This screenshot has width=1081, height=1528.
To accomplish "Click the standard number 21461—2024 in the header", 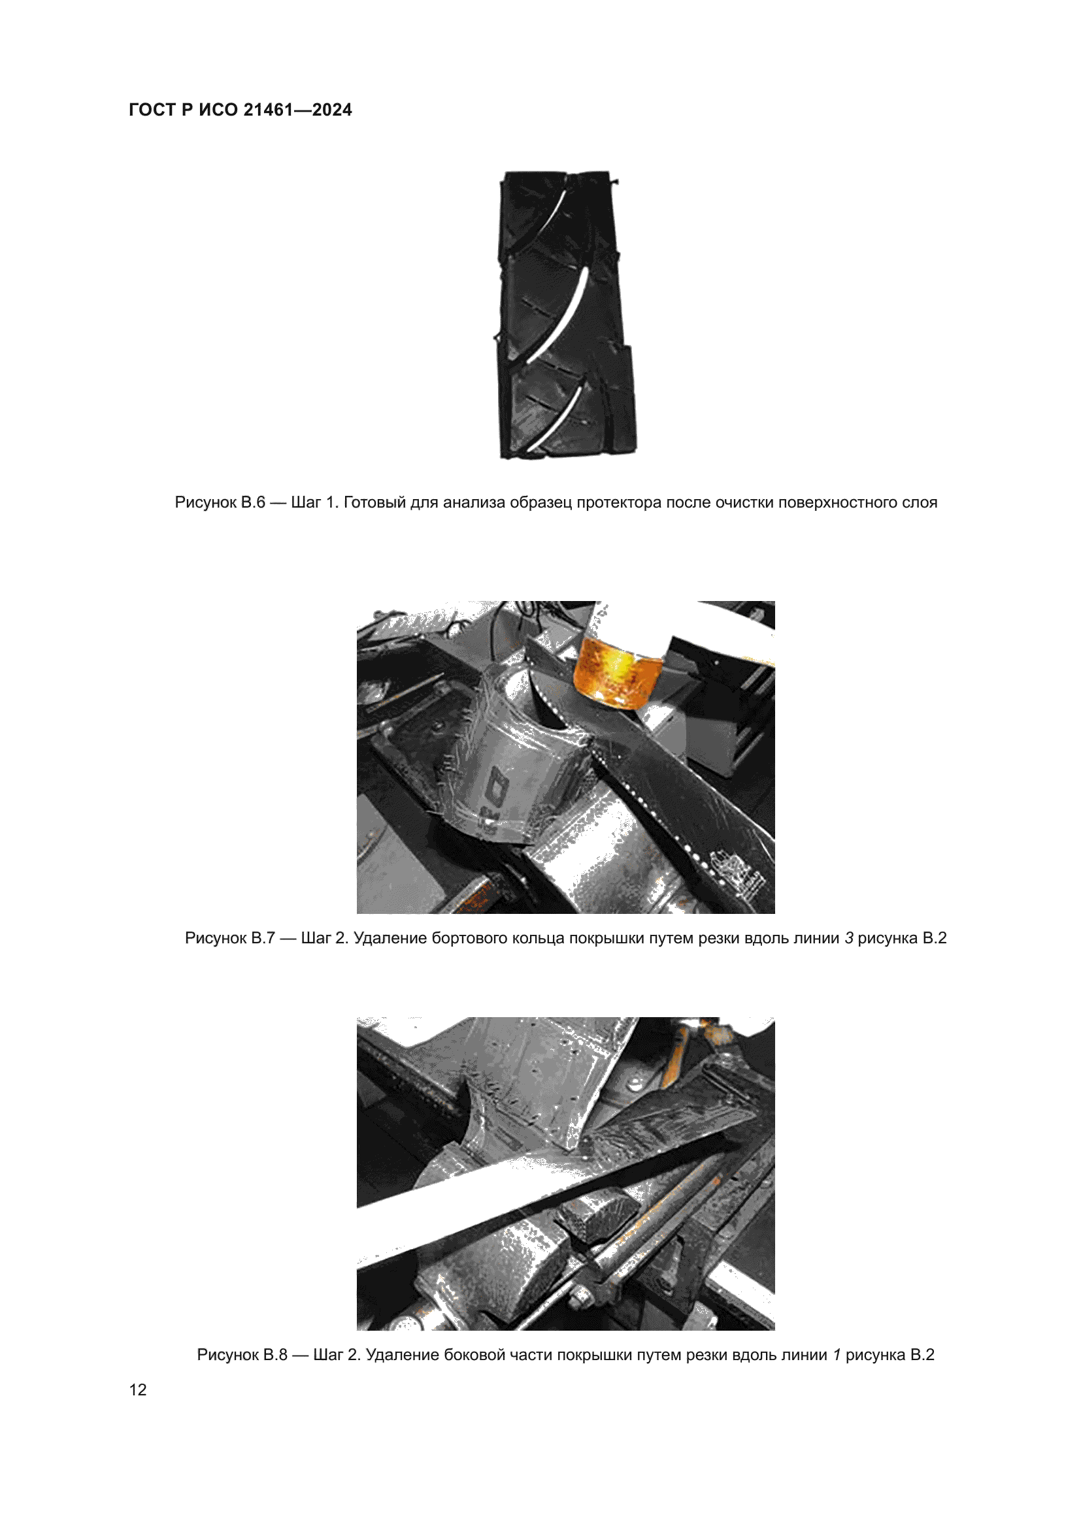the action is [x=297, y=110].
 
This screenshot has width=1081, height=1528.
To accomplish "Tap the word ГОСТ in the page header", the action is [x=152, y=110].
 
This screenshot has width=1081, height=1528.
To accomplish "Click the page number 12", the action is [x=138, y=1390].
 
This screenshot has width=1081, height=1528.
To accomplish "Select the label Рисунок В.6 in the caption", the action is [x=220, y=502].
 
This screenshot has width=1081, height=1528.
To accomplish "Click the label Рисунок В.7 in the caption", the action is [x=229, y=938].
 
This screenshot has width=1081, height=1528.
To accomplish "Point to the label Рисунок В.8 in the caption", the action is [x=242, y=1355].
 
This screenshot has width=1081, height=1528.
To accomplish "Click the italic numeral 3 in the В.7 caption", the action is [x=849, y=938].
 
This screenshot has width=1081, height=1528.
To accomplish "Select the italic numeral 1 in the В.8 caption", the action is [x=837, y=1355].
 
